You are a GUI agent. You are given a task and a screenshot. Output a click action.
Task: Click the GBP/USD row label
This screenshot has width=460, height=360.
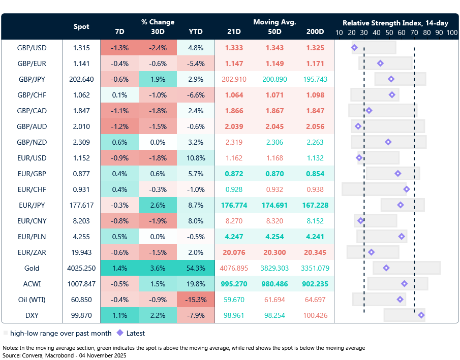pos(32,48)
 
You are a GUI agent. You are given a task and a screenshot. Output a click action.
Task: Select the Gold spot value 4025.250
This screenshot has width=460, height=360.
pos(81,268)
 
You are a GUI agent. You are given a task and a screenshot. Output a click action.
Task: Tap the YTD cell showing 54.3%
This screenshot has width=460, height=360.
pos(196,268)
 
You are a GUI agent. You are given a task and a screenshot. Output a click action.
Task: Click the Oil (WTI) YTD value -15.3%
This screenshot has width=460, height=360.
pos(196,300)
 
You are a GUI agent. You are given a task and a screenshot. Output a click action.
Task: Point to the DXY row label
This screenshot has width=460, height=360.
pos(32,315)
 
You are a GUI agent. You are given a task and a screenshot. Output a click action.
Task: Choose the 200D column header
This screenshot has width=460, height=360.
pos(315,31)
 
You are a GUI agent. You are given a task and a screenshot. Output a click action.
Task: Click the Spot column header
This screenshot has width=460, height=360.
pos(81,26)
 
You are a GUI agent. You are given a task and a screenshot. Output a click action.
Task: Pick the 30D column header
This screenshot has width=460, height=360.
pos(158,31)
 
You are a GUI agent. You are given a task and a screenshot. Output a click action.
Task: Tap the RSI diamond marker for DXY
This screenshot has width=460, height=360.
pos(421,315)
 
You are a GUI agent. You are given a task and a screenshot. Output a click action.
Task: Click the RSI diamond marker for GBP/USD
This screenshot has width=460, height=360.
pos(354,48)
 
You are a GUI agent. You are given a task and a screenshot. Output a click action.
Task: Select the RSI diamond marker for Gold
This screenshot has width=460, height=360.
pos(386,268)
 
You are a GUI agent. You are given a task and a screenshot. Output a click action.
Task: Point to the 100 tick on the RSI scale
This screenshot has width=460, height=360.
pos(452,32)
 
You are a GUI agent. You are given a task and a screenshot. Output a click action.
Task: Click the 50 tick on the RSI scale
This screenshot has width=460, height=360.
pos(389,32)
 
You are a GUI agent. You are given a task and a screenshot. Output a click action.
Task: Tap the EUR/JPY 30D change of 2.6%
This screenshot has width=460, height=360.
pos(158,205)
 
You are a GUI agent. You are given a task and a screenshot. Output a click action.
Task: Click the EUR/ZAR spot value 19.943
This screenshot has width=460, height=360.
pos(81,252)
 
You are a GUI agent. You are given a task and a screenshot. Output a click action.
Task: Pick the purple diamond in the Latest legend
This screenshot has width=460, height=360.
pos(120,333)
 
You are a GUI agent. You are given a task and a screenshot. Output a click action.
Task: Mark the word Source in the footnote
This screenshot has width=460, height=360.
pos(12,355)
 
